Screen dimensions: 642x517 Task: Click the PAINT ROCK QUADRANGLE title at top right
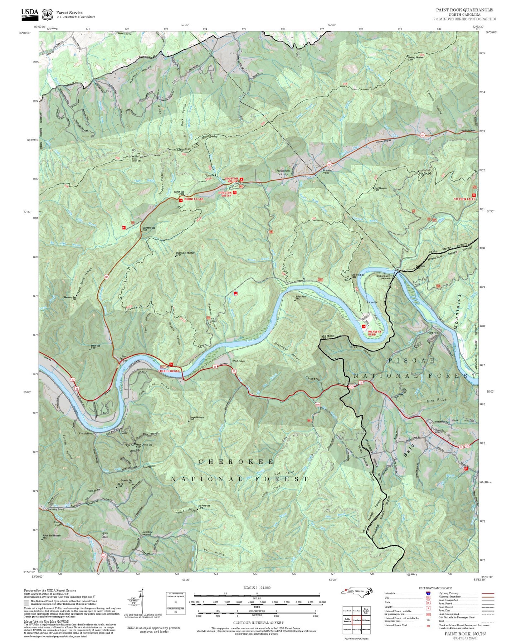click(464, 10)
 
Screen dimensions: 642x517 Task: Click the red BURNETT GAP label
click(194, 199)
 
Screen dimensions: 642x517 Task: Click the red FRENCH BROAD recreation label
click(169, 371)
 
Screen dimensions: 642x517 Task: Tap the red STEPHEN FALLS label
click(464, 199)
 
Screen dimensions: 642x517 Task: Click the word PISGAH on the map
click(411, 360)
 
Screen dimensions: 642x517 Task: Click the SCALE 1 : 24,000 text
click(257, 588)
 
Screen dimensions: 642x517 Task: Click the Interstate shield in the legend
click(428, 593)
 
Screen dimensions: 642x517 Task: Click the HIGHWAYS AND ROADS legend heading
click(435, 588)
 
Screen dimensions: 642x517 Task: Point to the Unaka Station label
click(383, 277)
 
